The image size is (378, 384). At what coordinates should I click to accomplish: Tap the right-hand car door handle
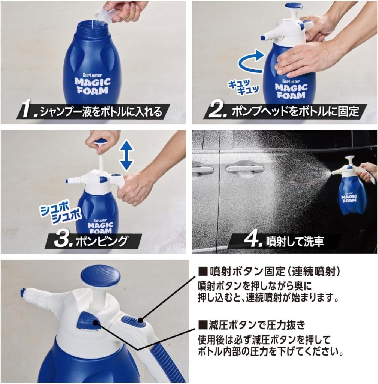(245, 169)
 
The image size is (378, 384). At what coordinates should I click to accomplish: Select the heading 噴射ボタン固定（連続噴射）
(270, 271)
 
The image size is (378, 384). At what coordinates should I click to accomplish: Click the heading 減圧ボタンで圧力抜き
(252, 325)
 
